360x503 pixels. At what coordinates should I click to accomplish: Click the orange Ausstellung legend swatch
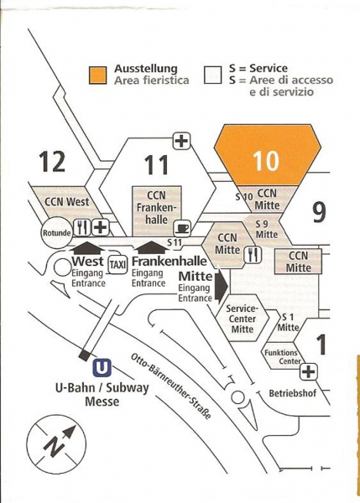[97, 75]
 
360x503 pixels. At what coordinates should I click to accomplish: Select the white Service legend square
[212, 75]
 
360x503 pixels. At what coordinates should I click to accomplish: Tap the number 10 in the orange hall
[266, 160]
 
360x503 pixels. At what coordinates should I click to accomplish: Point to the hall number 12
[52, 161]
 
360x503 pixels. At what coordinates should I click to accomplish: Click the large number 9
[319, 212]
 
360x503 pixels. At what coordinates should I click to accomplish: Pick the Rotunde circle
[56, 232]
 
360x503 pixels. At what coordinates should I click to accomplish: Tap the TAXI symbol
[117, 265]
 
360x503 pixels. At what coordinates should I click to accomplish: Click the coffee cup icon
[182, 228]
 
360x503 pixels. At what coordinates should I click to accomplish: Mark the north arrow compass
[56, 444]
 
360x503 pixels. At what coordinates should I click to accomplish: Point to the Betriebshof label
[293, 393]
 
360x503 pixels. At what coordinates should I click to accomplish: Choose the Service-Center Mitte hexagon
[243, 319]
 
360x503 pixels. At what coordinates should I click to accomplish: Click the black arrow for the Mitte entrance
[222, 286]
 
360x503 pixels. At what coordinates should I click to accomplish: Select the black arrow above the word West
[87, 249]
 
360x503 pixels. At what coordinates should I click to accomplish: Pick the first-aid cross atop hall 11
[182, 141]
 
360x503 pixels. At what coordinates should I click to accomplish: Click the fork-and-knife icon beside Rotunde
[82, 228]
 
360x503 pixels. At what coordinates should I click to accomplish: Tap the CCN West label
[66, 202]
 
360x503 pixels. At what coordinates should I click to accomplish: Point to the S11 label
[175, 243]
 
